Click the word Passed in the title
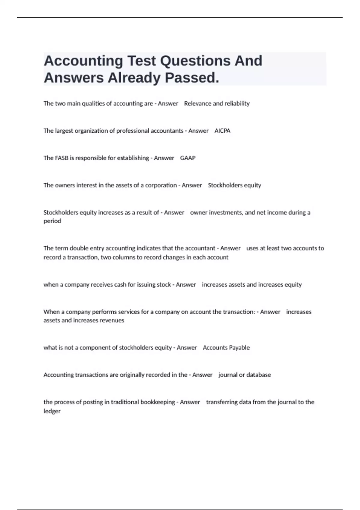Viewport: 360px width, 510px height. [192, 78]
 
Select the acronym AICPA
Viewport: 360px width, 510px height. [222, 131]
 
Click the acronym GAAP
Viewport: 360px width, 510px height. [188, 158]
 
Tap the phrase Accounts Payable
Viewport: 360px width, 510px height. [226, 348]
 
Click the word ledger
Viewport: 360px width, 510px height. [52, 411]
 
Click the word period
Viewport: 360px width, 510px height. [52, 221]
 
